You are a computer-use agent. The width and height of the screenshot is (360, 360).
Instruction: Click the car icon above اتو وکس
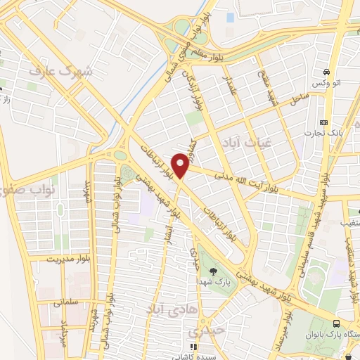[x=326, y=72]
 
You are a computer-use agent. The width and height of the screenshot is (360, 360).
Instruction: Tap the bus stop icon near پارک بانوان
[x=336, y=323]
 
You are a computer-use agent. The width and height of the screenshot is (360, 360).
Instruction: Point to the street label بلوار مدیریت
[x=70, y=259]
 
